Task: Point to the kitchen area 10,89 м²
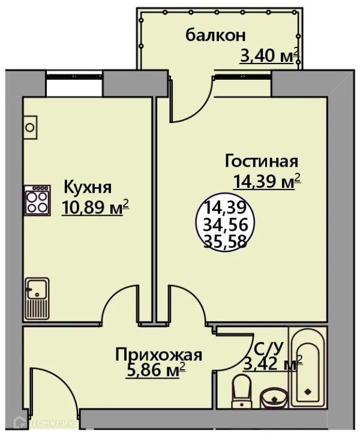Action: [95, 208]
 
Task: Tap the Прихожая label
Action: [158, 354]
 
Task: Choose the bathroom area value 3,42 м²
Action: [272, 363]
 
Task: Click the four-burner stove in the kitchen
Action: [38, 200]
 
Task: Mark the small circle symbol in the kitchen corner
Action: [30, 127]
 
